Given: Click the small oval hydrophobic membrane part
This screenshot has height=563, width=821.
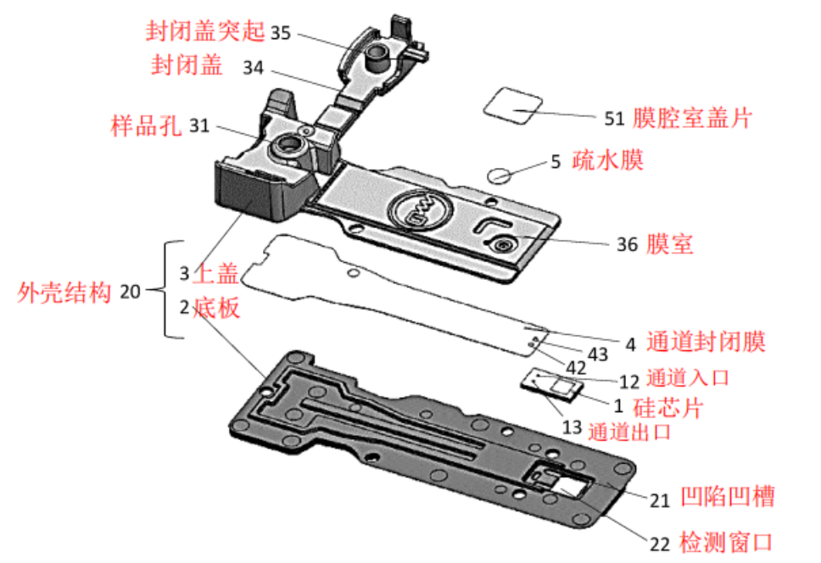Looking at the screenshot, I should point(500,176).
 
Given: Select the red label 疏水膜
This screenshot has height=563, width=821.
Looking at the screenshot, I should point(609,160).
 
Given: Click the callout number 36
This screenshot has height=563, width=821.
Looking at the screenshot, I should point(627,244).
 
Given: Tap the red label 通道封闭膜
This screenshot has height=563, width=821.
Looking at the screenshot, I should point(707,343).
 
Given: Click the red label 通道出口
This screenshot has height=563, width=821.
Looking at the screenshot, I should point(629,431).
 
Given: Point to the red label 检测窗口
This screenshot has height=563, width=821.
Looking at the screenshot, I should point(728,541).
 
